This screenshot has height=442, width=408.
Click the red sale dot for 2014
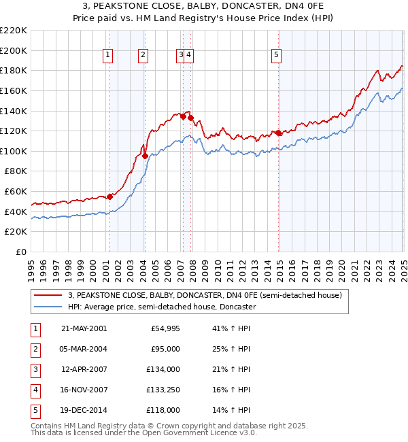click(278, 133)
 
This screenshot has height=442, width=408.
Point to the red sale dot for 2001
click(110, 197)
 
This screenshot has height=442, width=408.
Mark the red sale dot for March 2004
click(145, 156)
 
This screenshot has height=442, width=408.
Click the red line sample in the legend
click(48, 295)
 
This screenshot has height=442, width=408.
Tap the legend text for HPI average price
click(161, 307)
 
